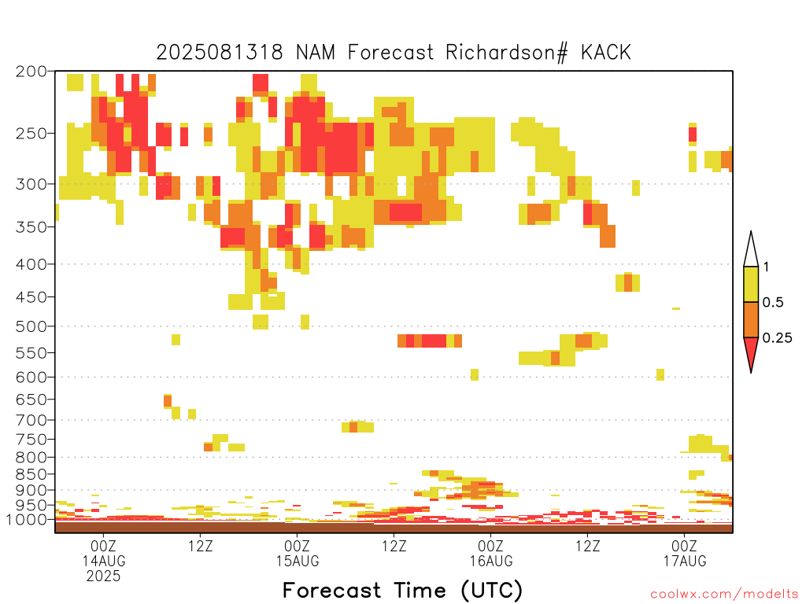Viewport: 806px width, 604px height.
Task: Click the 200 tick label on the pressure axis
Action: (31, 72)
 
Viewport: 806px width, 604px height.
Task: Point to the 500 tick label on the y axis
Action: (31, 326)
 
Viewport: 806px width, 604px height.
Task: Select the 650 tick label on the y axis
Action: (31, 400)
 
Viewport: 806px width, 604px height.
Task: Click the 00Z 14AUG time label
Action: (104, 553)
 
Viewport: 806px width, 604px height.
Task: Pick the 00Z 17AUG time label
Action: (685, 553)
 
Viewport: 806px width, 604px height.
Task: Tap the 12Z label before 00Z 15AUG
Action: (201, 546)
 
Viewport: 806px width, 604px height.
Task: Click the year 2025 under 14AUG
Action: (103, 576)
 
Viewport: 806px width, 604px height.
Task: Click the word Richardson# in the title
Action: (507, 53)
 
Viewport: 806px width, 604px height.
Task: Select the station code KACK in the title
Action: (606, 53)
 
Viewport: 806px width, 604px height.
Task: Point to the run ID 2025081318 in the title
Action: (220, 53)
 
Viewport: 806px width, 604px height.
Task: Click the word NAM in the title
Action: (316, 53)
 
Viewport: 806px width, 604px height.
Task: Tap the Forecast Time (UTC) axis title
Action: (402, 591)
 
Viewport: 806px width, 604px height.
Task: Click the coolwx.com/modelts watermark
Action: (724, 595)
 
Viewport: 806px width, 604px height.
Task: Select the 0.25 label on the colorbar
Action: (777, 338)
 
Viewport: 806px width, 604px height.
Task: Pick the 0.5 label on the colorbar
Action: (773, 303)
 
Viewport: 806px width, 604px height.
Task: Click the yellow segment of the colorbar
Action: (751, 284)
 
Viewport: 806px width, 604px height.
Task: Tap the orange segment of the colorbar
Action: (751, 319)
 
